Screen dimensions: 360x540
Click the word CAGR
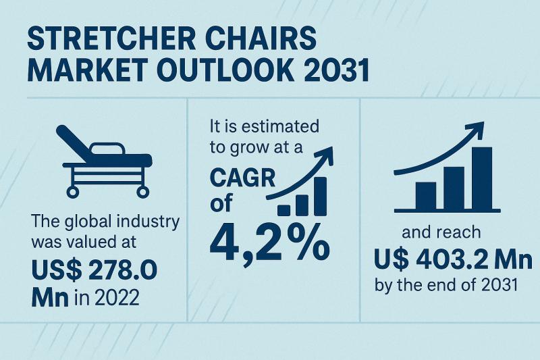tap(240, 182)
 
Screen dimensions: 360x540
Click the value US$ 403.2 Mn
tap(452, 259)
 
